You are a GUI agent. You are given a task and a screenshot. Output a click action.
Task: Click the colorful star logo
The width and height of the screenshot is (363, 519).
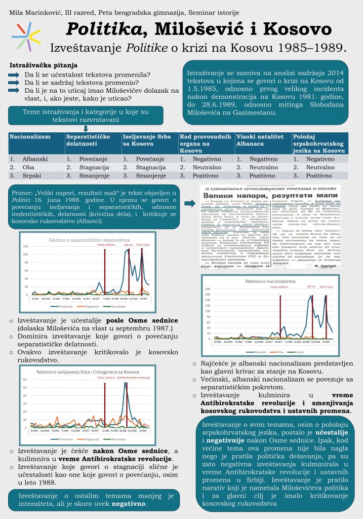(26, 35)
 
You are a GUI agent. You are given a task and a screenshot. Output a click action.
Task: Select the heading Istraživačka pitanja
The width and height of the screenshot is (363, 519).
(44, 66)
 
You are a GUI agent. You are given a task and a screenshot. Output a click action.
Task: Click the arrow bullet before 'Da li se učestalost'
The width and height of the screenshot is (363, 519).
(15, 75)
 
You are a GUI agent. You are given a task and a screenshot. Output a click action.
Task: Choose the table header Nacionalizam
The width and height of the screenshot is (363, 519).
(30, 137)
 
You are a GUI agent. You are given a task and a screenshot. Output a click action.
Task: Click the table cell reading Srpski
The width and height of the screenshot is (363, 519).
(31, 175)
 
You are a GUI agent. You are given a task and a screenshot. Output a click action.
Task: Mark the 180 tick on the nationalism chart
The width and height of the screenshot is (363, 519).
(207, 288)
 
